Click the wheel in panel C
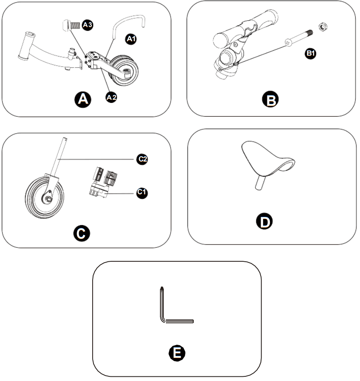[43, 196]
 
